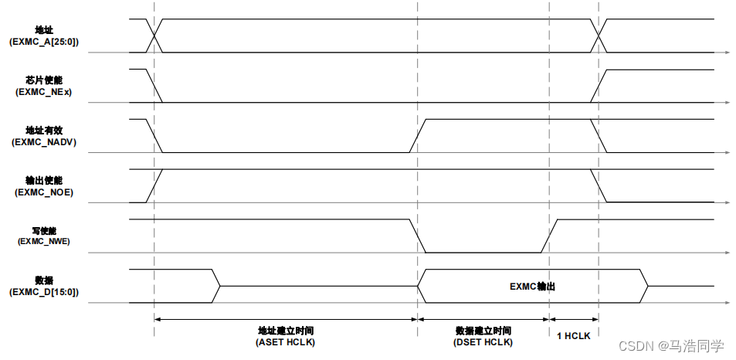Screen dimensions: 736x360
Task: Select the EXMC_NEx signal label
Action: (x=43, y=92)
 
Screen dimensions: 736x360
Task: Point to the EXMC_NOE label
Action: (x=43, y=192)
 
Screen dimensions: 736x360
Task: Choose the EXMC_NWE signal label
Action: (x=43, y=242)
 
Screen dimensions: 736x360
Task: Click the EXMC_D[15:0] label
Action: (x=43, y=293)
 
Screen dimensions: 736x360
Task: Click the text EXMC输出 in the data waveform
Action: (x=532, y=287)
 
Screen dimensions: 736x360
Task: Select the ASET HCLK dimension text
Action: (x=286, y=341)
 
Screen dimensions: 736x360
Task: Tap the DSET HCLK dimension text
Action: (x=483, y=341)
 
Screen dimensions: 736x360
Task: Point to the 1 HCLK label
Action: (x=574, y=335)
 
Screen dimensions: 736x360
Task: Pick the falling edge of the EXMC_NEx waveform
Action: (x=154, y=86)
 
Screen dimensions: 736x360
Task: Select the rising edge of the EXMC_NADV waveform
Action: (x=418, y=136)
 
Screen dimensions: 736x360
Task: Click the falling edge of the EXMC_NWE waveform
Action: (x=418, y=236)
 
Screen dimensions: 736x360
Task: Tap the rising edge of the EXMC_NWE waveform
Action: (x=549, y=236)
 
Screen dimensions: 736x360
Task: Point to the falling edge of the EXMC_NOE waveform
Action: (x=599, y=186)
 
